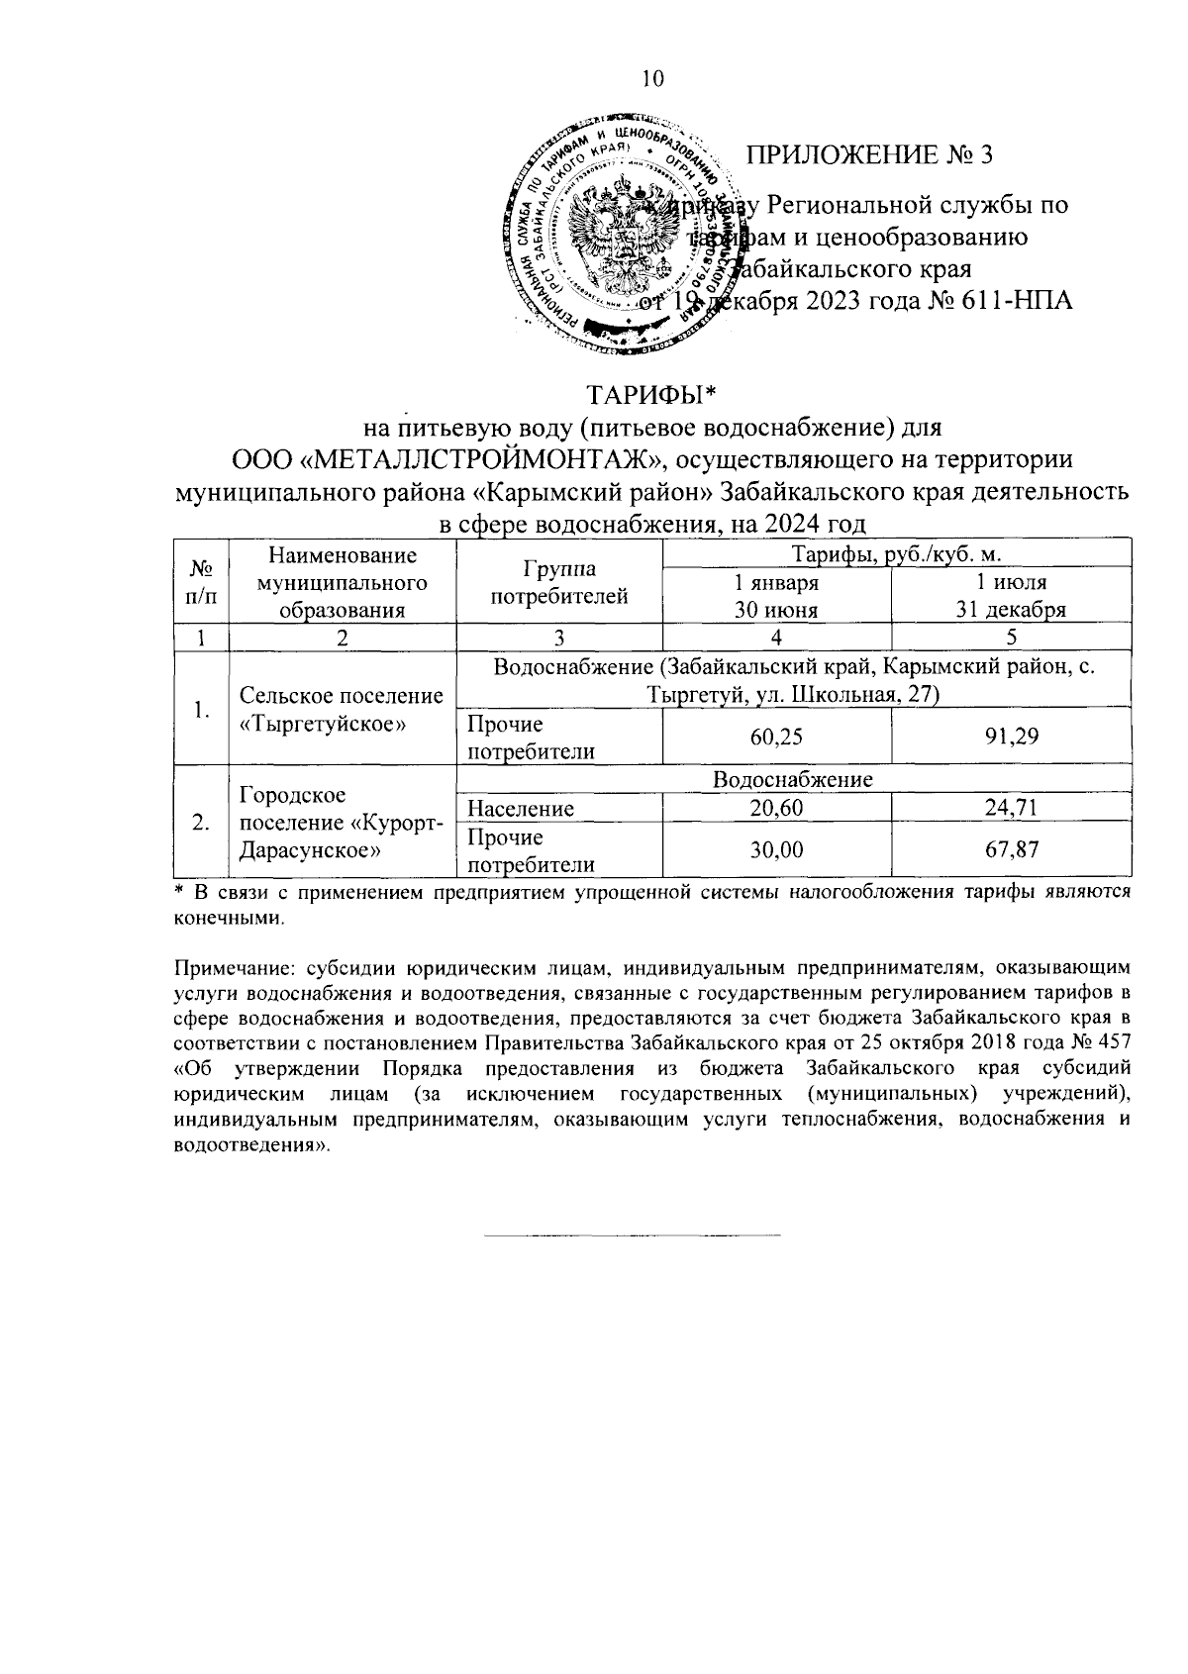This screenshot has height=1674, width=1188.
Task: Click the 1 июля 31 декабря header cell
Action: tap(1011, 596)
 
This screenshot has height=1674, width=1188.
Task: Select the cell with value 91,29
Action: tap(1011, 738)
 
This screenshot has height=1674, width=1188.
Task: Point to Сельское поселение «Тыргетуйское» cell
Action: tap(341, 710)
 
